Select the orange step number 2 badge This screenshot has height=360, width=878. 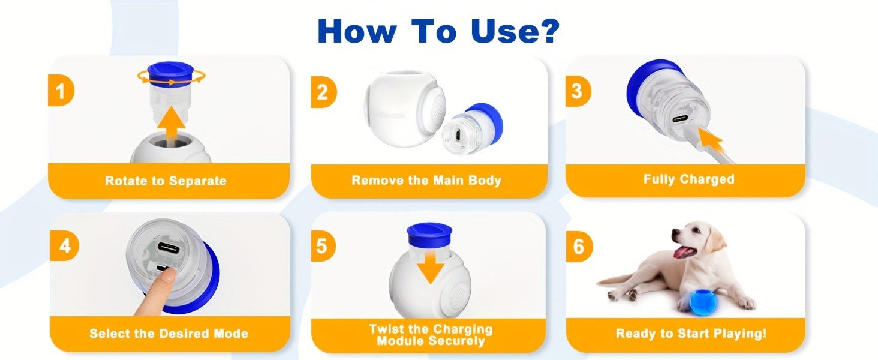pyautogui.click(x=323, y=92)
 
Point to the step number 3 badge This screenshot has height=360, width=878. pyautogui.click(x=577, y=91)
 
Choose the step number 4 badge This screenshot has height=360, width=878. pyautogui.click(x=64, y=246)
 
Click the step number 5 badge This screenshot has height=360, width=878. pyautogui.click(x=323, y=246)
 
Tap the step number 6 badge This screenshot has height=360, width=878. pyautogui.click(x=579, y=247)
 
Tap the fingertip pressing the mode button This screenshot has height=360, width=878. pyautogui.click(x=167, y=275)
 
